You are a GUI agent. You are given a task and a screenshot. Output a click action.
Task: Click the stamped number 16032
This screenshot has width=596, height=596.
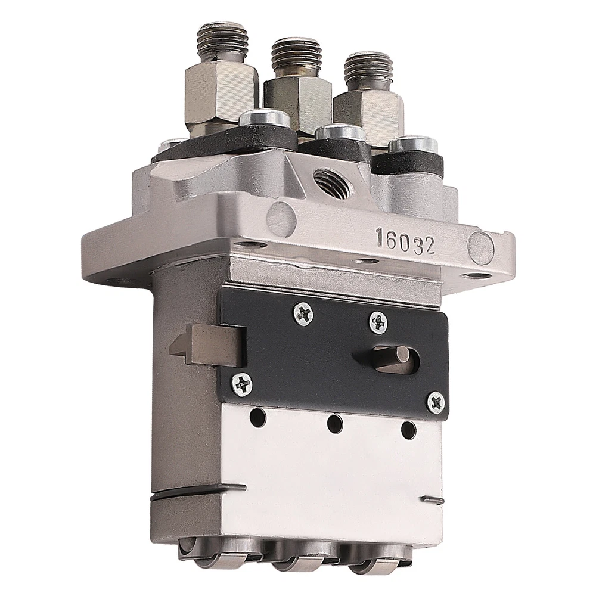(x=405, y=242)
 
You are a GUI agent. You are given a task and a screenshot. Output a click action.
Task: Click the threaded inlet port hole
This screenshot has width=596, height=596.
(x=331, y=182)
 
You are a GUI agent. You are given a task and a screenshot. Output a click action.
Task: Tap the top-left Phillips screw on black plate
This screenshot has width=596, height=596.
(x=303, y=313)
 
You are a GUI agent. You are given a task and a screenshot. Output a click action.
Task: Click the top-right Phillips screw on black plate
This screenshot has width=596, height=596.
(x=378, y=323)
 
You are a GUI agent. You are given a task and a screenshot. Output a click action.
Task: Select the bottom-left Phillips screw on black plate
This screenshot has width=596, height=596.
(x=242, y=384)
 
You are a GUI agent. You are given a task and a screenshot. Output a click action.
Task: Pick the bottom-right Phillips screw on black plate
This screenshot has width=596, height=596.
(x=436, y=403)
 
